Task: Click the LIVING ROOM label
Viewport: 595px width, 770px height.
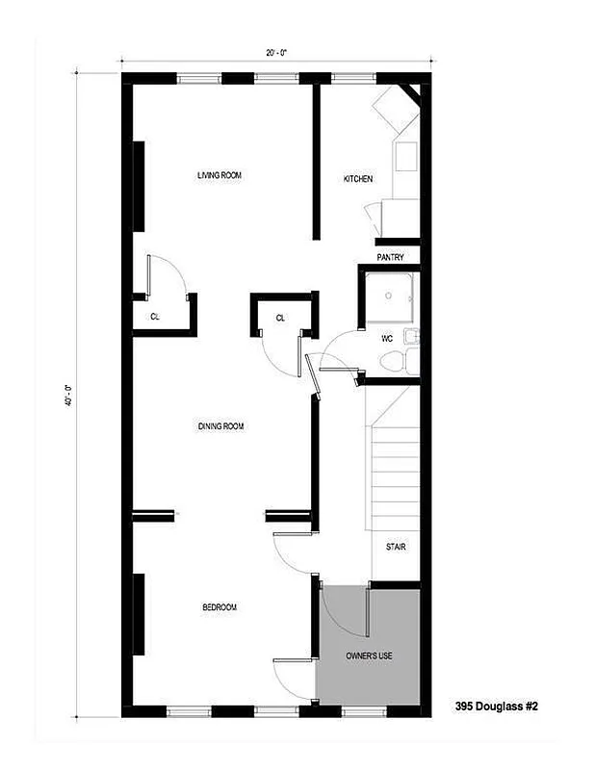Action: click(x=219, y=175)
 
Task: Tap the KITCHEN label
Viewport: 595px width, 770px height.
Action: click(x=358, y=179)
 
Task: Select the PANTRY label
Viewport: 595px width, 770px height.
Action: click(x=390, y=257)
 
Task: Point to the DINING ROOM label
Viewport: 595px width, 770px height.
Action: click(x=220, y=425)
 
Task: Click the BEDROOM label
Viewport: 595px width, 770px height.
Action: click(x=219, y=607)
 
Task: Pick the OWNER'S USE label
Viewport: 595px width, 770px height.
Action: click(x=370, y=655)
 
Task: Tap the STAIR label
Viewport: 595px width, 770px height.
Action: click(x=396, y=547)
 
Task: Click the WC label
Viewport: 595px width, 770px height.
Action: click(x=386, y=338)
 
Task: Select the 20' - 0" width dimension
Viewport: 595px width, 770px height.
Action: click(x=276, y=53)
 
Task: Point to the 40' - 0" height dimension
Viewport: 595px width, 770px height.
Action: click(x=68, y=395)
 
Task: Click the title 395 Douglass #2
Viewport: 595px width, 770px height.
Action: click(x=496, y=706)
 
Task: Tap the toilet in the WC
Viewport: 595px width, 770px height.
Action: click(x=394, y=362)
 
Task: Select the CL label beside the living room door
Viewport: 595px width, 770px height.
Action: click(x=154, y=316)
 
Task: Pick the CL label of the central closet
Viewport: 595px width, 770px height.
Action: click(x=280, y=317)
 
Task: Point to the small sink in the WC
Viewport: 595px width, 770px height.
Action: click(x=412, y=336)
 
